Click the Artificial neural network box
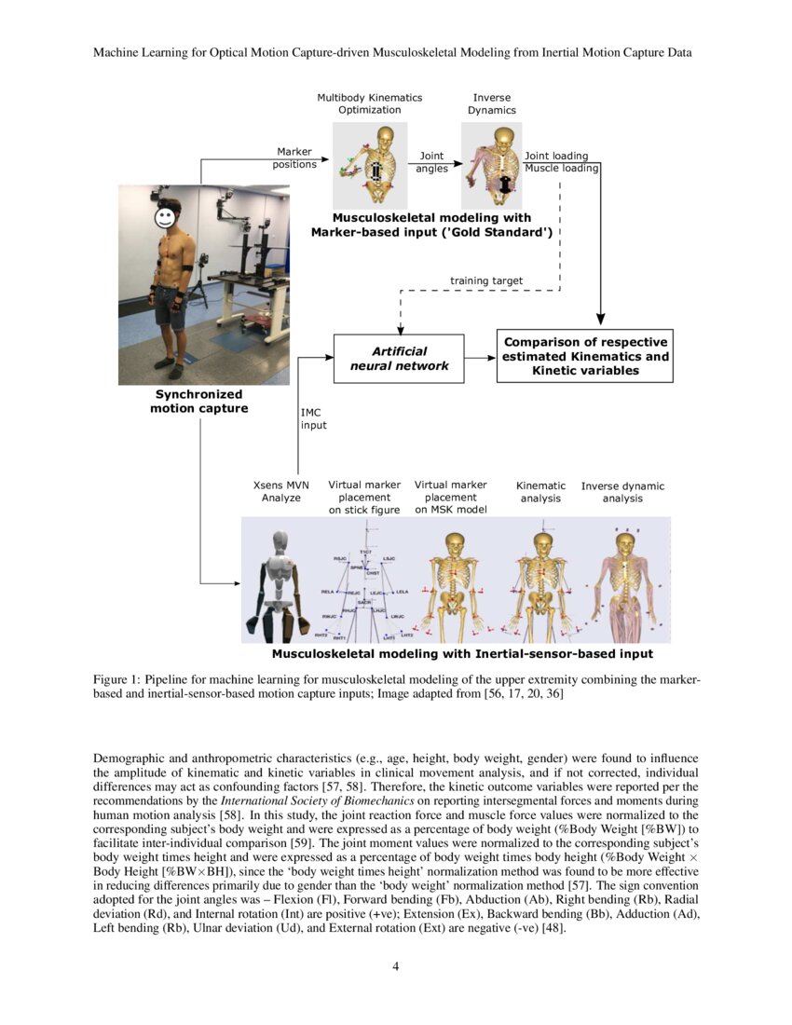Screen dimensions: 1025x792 (x=399, y=358)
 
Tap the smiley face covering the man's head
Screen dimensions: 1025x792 (x=165, y=219)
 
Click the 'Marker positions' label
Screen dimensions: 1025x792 (x=294, y=158)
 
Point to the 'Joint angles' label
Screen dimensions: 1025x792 (x=431, y=162)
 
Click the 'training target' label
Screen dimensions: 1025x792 (x=486, y=280)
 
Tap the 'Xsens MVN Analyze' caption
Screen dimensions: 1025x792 (x=281, y=491)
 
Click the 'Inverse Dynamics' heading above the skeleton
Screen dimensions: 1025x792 (x=491, y=103)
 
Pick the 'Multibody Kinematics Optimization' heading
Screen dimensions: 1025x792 (x=369, y=103)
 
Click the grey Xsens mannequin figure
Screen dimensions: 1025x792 (x=273, y=582)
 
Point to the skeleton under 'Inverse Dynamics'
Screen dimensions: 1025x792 (x=493, y=163)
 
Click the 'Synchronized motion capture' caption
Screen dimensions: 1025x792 (x=199, y=401)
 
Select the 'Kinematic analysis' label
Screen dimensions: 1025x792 (x=540, y=492)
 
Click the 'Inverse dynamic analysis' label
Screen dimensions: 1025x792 (x=622, y=492)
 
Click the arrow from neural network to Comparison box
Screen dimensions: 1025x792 (x=479, y=358)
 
